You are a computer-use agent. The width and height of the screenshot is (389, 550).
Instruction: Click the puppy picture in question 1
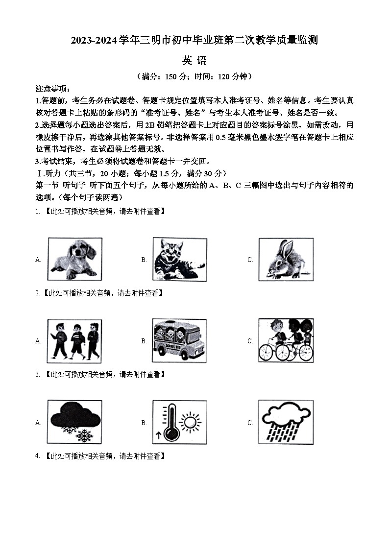click(74, 259)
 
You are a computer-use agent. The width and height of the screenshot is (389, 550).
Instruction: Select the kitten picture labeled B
click(178, 259)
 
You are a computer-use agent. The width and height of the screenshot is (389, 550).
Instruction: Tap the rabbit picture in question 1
click(286, 259)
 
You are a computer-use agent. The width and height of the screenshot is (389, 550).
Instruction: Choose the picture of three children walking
click(74, 340)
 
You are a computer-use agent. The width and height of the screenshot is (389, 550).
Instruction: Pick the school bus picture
click(178, 340)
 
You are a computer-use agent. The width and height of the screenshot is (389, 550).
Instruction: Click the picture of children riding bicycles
click(286, 340)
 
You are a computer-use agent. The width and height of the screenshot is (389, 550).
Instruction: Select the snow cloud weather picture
click(74, 422)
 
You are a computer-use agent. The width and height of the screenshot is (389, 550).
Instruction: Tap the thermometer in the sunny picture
click(170, 422)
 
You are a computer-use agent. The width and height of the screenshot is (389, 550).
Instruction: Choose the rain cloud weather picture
click(286, 422)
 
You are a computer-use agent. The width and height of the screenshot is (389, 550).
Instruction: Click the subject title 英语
click(194, 61)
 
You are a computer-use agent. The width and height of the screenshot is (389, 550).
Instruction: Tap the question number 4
click(37, 456)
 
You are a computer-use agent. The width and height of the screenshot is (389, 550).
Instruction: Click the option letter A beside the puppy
click(38, 260)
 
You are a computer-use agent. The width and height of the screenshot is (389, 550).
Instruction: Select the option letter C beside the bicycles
click(250, 341)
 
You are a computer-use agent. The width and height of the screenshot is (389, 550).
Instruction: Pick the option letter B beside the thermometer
click(144, 423)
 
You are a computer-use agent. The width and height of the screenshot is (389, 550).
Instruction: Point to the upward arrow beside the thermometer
click(158, 434)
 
